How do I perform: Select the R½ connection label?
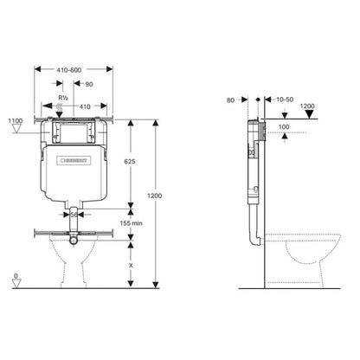(x=62, y=85)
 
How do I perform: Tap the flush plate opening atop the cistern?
(x=74, y=128)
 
